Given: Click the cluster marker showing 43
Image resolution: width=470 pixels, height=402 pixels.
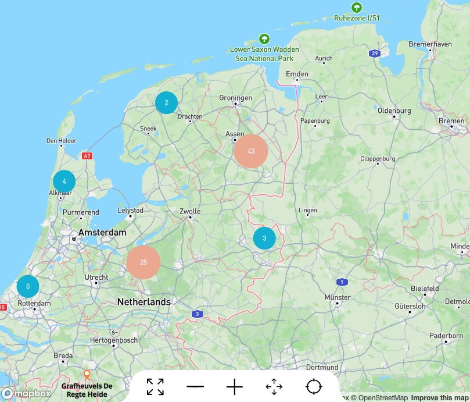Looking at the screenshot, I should click(251, 151).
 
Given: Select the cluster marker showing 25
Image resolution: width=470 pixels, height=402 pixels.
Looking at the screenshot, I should click(143, 262).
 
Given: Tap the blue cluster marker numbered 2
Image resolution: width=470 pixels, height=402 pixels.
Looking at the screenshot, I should click(166, 103).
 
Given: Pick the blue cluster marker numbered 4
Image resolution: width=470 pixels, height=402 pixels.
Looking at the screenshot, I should click(64, 182).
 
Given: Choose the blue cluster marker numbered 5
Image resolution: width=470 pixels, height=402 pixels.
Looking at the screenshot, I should click(28, 286).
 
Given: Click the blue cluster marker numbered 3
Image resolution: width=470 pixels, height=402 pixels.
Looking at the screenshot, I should click(264, 238).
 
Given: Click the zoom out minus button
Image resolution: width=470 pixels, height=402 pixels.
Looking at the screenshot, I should click(195, 386).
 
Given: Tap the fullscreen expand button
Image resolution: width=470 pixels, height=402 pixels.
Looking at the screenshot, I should click(155, 386).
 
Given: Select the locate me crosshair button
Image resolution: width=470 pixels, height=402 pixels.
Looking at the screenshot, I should click(314, 386).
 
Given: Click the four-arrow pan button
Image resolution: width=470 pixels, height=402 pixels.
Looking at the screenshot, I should click(274, 386).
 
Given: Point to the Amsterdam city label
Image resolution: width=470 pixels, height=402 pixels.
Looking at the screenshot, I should click(102, 232).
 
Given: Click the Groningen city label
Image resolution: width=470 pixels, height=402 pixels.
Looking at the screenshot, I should click(236, 98).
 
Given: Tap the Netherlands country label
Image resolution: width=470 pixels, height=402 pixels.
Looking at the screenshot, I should click(144, 302).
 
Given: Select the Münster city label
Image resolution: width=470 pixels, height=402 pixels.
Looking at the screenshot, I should click(338, 297).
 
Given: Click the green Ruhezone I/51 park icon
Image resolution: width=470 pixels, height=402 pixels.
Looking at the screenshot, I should click(357, 8).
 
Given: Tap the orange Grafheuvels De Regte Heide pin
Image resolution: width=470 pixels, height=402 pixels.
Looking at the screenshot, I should click(87, 374).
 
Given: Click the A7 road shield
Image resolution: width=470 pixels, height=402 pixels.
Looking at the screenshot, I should click(87, 156).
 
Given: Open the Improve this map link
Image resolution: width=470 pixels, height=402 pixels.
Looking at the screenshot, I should click(439, 398).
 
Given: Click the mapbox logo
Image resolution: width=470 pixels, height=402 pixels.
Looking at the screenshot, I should click(26, 393).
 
